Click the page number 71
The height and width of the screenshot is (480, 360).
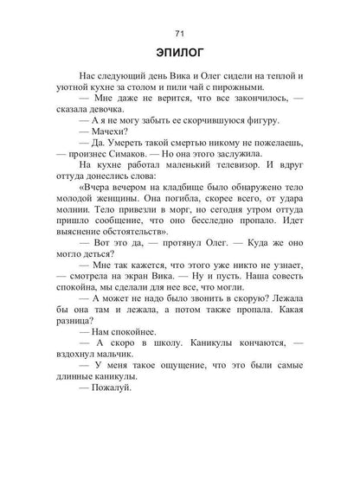[180, 34]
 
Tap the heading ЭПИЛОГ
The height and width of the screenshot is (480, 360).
[180, 58]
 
